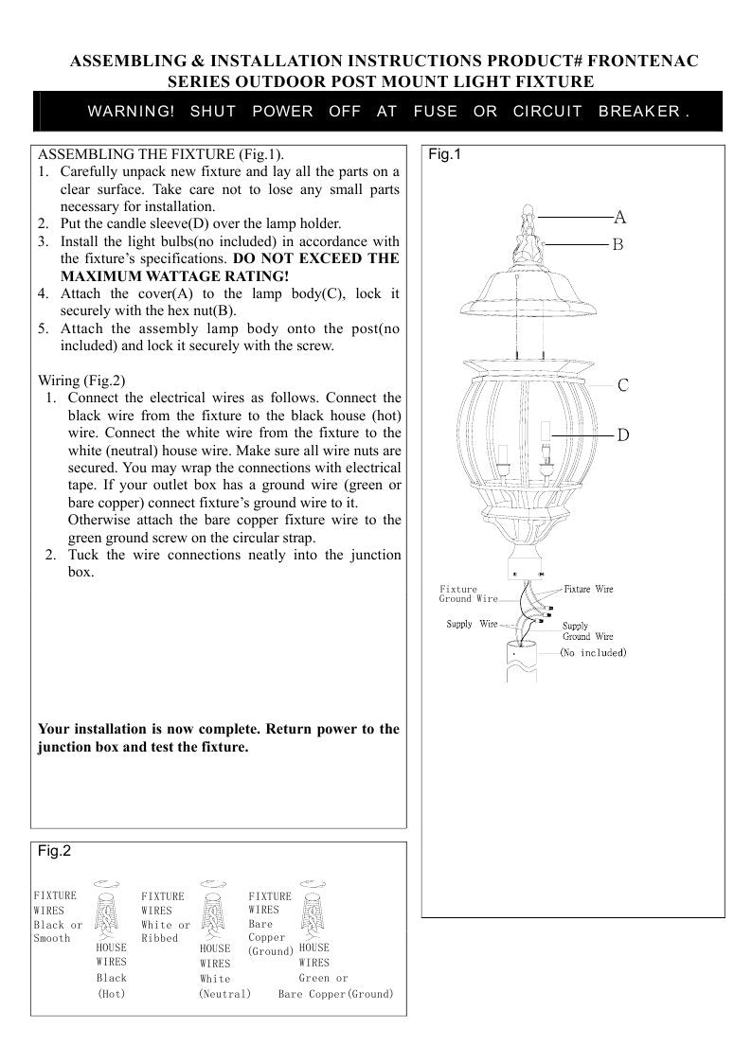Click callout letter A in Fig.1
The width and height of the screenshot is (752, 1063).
pyautogui.click(x=620, y=217)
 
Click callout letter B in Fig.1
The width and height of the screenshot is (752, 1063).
pyautogui.click(x=618, y=244)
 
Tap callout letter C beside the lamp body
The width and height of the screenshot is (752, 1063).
pyautogui.click(x=623, y=385)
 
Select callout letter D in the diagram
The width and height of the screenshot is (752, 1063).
pyautogui.click(x=623, y=435)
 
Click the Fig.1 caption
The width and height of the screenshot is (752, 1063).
pyautogui.click(x=444, y=154)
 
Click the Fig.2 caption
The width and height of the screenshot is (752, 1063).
pyautogui.click(x=54, y=851)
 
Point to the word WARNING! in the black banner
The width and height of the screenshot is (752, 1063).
pyautogui.click(x=131, y=112)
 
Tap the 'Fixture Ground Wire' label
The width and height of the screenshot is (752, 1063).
pyautogui.click(x=468, y=594)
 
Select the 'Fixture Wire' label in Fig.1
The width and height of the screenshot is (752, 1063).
pyautogui.click(x=588, y=589)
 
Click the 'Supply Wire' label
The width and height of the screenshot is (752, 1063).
pyautogui.click(x=472, y=624)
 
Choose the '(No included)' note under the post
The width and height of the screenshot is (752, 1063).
pyautogui.click(x=593, y=652)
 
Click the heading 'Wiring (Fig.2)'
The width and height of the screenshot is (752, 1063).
pyautogui.click(x=81, y=381)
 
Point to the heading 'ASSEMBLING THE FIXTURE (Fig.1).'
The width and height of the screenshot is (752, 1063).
pyautogui.click(x=160, y=153)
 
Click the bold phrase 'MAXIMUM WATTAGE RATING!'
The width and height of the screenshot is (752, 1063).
pyautogui.click(x=174, y=275)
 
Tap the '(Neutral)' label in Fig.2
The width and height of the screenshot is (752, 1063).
pyautogui.click(x=224, y=994)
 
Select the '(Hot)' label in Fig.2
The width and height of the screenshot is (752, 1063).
pyautogui.click(x=112, y=994)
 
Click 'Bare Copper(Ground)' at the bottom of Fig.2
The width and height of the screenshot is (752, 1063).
pyautogui.click(x=336, y=994)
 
